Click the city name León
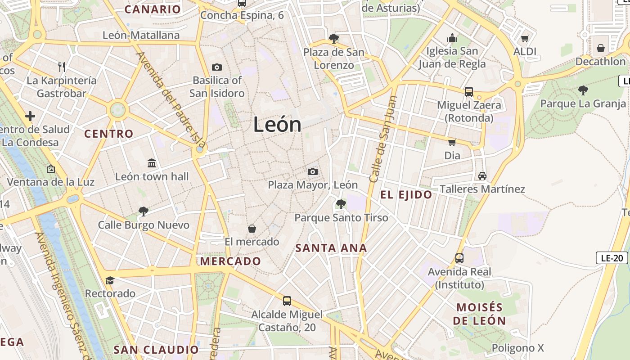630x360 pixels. pyautogui.click(x=277, y=124)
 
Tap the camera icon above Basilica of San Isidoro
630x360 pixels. pyautogui.click(x=217, y=67)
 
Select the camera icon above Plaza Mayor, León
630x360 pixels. pyautogui.click(x=313, y=171)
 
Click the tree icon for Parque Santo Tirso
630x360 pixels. pyautogui.click(x=341, y=205)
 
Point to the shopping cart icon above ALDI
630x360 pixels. pyautogui.click(x=525, y=38)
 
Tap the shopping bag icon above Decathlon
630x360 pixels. pyautogui.click(x=601, y=48)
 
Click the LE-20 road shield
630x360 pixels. pyautogui.click(x=612, y=258)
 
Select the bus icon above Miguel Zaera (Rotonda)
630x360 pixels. pyautogui.click(x=469, y=92)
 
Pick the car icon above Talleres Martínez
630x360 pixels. pyautogui.click(x=482, y=175)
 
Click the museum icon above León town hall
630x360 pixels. pyautogui.click(x=152, y=163)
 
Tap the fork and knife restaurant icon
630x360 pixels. pyautogui.click(x=62, y=67)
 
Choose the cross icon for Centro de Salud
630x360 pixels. pyautogui.click(x=30, y=117)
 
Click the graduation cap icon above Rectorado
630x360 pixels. pyautogui.click(x=110, y=281)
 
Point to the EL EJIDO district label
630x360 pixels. pyautogui.click(x=406, y=195)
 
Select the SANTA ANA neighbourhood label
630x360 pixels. pyautogui.click(x=331, y=248)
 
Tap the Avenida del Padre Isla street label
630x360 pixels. pyautogui.click(x=171, y=100)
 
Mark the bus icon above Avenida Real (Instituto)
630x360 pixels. pyautogui.click(x=459, y=258)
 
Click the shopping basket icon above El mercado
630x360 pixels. pyautogui.click(x=252, y=229)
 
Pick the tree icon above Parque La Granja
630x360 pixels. pyautogui.click(x=583, y=90)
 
